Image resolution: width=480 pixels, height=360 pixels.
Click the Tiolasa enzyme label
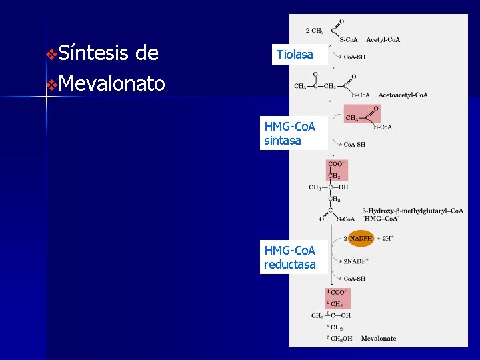click(295, 55)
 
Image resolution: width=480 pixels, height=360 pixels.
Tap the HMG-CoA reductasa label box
click(290, 257)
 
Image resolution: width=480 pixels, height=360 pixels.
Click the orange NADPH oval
click(361, 238)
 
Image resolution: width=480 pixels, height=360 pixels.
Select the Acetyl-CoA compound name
click(383, 40)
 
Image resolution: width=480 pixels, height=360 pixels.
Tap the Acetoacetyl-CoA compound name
click(403, 95)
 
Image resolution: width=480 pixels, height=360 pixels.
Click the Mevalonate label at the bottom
click(379, 339)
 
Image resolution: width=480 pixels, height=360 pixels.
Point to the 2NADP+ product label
click(357, 261)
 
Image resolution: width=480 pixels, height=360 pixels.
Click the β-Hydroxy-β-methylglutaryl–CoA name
click(413, 211)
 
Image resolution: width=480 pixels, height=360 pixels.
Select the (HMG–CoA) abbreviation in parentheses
click(381, 219)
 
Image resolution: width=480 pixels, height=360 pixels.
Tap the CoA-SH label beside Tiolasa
click(354, 57)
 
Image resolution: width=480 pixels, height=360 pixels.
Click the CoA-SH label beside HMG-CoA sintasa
click(354, 144)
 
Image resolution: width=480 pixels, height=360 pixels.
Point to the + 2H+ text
click(386, 238)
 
